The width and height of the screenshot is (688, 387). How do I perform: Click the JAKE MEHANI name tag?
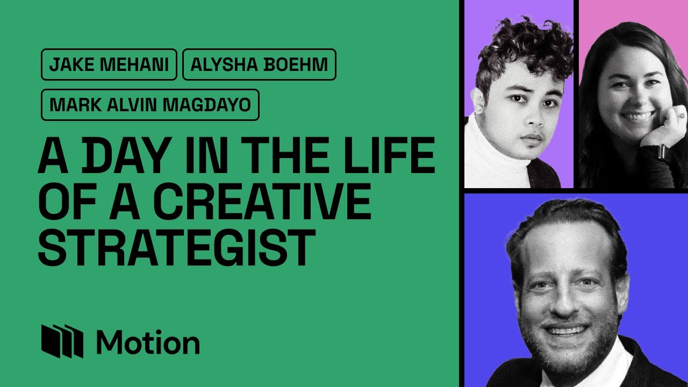point(109,64)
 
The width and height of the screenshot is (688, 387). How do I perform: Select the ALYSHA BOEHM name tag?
point(259,64)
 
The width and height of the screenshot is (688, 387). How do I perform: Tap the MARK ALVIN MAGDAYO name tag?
point(150,105)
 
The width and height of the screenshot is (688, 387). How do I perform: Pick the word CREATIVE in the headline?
point(262,201)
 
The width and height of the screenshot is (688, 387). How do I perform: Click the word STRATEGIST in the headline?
point(177,247)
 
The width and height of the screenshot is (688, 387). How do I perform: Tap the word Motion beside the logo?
point(148,342)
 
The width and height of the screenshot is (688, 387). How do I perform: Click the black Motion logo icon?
point(62,341)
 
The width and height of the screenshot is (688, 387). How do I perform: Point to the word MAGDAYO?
point(207,105)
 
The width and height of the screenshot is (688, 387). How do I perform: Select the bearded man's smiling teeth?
point(565,331)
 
